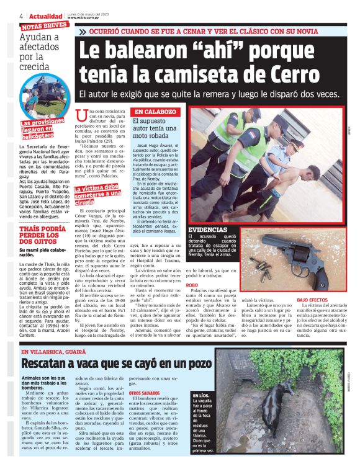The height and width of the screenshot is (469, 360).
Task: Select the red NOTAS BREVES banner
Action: pos(45,27)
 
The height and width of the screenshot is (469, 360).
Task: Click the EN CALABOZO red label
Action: pos(156,112)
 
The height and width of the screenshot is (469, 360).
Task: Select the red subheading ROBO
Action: pos(193,285)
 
